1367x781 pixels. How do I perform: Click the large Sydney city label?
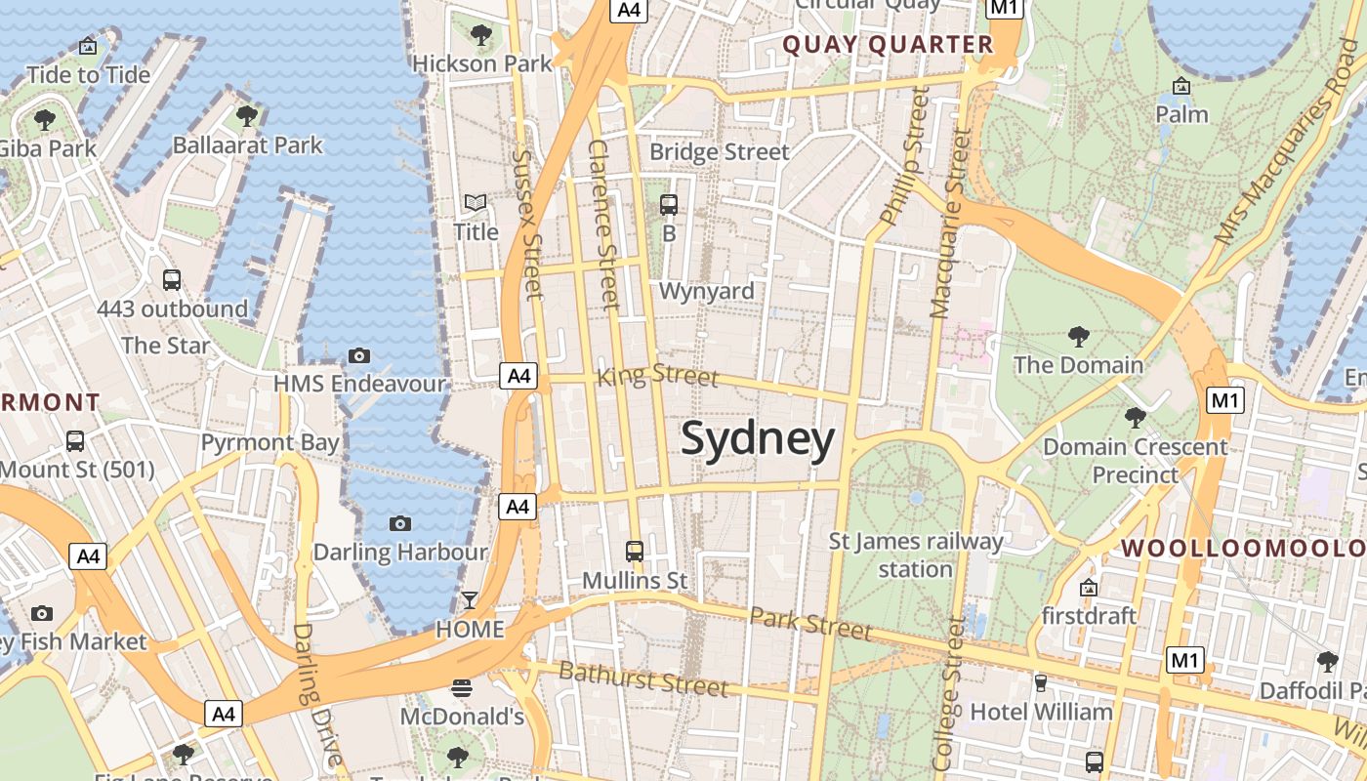758,439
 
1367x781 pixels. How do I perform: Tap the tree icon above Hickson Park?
480,36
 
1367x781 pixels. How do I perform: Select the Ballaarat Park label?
247,145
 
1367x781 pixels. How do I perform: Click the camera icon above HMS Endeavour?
359,355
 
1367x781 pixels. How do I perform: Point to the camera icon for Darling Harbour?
399,524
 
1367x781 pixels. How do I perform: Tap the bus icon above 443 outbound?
172,280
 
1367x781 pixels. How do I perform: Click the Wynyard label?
706,291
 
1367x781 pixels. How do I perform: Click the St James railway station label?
915,555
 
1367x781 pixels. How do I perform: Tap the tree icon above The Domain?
1078,337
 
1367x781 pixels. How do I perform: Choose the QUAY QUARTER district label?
888,45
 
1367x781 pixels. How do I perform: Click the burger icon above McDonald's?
462,688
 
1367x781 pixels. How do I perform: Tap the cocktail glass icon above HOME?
470,600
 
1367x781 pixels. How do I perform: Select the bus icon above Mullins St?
635,552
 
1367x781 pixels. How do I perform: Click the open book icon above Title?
476,203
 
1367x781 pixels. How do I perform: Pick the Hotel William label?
1041,712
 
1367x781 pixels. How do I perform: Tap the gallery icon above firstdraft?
1089,588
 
